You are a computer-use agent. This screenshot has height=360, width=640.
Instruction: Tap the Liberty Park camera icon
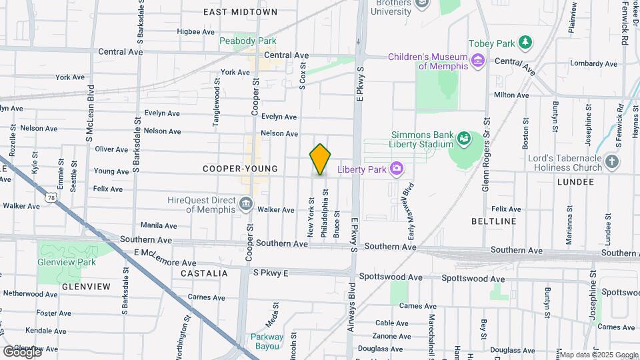point(397,169)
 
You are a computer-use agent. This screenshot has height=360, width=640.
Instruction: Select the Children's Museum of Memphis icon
point(477,61)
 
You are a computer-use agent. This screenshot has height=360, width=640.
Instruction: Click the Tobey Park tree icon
point(526,43)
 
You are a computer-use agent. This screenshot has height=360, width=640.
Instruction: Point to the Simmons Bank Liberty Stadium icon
point(464,139)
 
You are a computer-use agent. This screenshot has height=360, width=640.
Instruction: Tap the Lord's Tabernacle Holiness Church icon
point(612,161)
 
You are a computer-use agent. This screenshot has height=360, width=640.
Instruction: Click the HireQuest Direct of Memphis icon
point(246,204)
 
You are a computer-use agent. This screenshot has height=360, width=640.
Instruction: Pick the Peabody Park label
point(247,41)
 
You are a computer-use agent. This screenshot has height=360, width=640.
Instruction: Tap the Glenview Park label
point(67,262)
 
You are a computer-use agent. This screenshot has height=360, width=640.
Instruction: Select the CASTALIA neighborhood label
point(203,273)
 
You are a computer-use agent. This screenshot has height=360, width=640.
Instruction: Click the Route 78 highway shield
point(51,197)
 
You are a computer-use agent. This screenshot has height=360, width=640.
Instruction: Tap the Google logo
point(21,351)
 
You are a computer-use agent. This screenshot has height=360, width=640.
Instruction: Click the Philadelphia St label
point(325,213)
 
